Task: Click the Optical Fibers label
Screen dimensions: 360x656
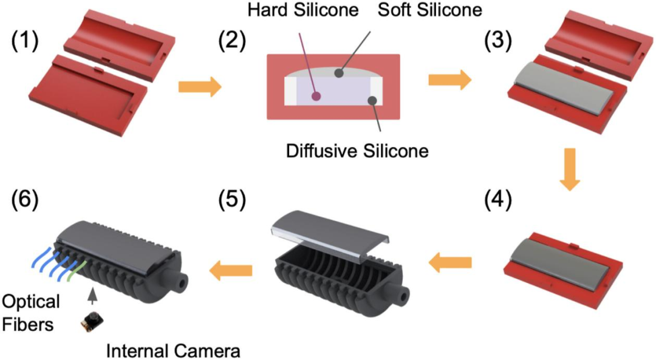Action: [30, 312]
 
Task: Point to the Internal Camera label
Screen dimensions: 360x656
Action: [173, 350]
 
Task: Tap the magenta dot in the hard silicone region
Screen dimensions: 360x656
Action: [315, 96]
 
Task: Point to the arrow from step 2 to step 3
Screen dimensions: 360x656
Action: [449, 80]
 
